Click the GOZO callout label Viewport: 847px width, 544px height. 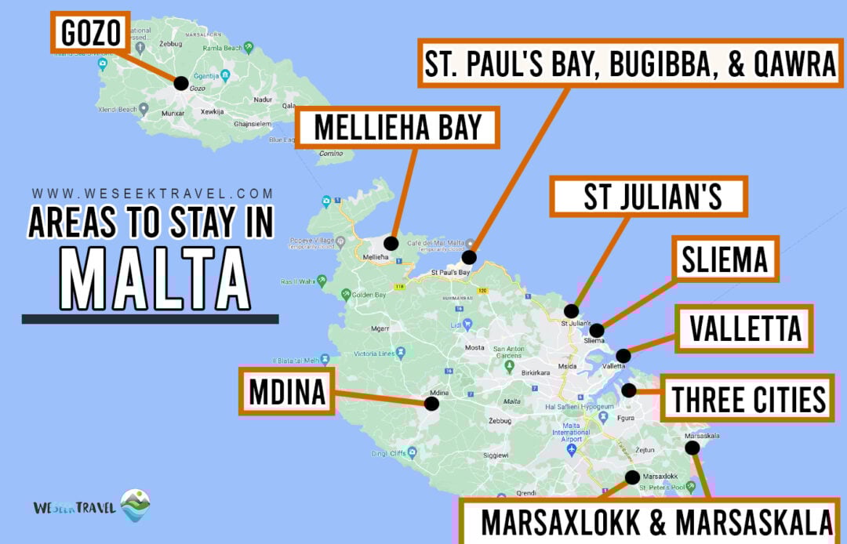coord(90,32)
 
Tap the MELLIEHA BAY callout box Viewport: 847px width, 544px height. coord(397,128)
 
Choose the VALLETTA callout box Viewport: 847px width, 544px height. coord(744,329)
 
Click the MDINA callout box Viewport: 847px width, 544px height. coord(287,392)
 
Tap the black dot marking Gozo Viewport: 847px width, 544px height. coord(181,82)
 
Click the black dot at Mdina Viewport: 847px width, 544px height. coord(431,404)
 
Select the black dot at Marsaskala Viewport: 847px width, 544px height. coord(692,448)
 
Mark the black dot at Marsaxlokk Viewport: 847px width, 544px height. coord(632,477)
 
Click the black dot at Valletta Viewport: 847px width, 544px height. coord(622,355)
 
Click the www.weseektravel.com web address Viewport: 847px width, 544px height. coord(153,194)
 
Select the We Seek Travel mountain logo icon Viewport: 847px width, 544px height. coord(135,506)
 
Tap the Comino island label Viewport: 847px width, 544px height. coord(330,154)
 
